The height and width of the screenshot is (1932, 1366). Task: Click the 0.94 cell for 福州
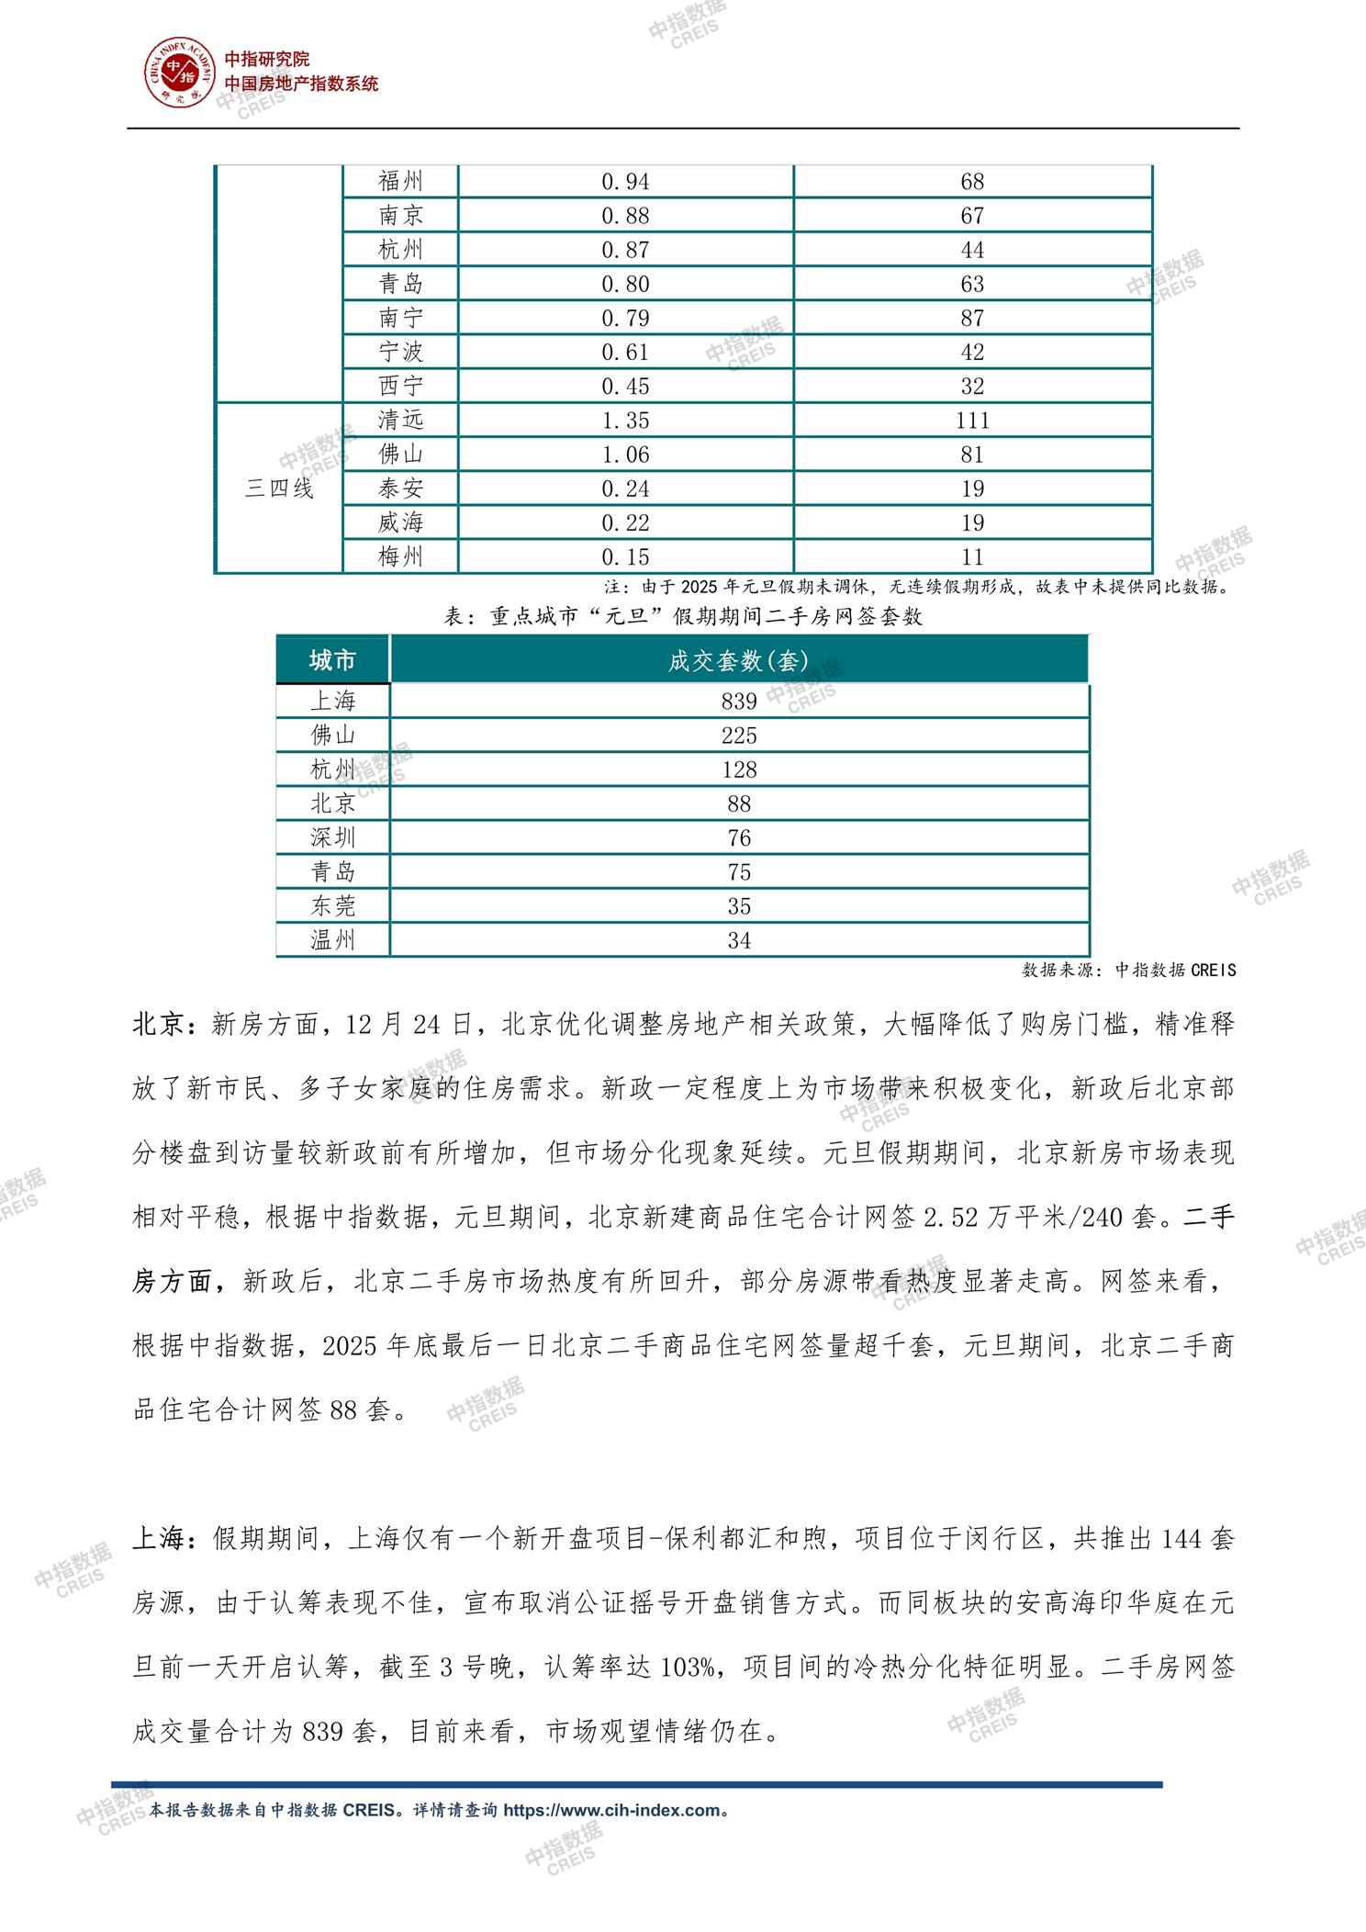tap(625, 182)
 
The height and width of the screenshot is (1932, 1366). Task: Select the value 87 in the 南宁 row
tap(972, 318)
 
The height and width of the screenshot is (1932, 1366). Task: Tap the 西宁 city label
tap(401, 386)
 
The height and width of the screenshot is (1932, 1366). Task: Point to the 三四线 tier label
tap(279, 489)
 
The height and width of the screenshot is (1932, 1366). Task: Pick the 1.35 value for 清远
tap(625, 421)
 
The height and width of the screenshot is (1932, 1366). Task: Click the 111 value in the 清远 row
tap(972, 421)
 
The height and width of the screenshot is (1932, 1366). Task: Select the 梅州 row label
tap(401, 556)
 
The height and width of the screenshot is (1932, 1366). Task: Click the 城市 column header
tap(332, 660)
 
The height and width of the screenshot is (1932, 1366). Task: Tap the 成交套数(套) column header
tap(739, 660)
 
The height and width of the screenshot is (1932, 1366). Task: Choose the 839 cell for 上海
tap(739, 702)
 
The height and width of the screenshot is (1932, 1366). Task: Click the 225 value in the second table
tap(739, 736)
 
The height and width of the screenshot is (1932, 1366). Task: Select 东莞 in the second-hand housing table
tap(332, 906)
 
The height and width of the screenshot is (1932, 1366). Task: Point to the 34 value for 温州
tap(739, 940)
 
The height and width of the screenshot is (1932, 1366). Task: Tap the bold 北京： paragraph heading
tap(171, 1025)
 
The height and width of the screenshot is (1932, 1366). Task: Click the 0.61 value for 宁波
tap(625, 352)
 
